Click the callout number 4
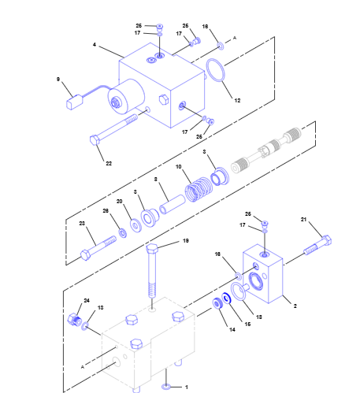click(95, 45)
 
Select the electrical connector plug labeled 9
click(75, 102)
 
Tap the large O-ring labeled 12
click(215, 70)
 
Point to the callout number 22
click(109, 163)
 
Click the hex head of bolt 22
click(95, 140)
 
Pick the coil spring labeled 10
click(199, 189)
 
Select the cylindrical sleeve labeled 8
click(173, 205)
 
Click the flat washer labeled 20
click(135, 225)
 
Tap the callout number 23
click(82, 223)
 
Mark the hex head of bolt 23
click(86, 255)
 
